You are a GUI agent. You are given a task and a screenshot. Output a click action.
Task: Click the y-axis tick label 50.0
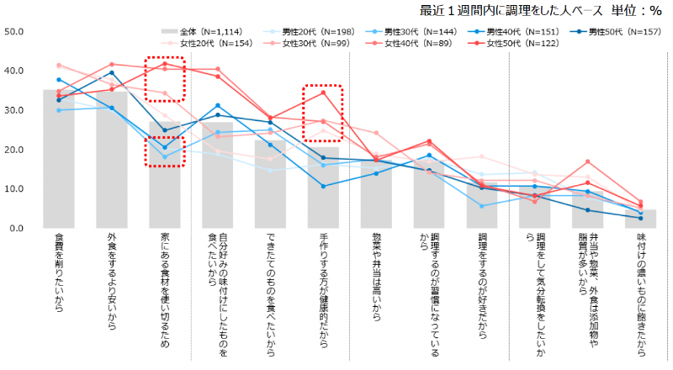coord(15,32)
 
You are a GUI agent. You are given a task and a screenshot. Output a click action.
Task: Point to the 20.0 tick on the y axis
coord(15,150)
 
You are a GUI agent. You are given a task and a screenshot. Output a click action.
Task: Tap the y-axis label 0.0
coord(18,228)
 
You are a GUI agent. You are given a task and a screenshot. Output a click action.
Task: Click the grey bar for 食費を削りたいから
coord(58,160)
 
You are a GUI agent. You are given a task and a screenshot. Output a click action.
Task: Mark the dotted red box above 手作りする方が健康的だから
coord(322,114)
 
